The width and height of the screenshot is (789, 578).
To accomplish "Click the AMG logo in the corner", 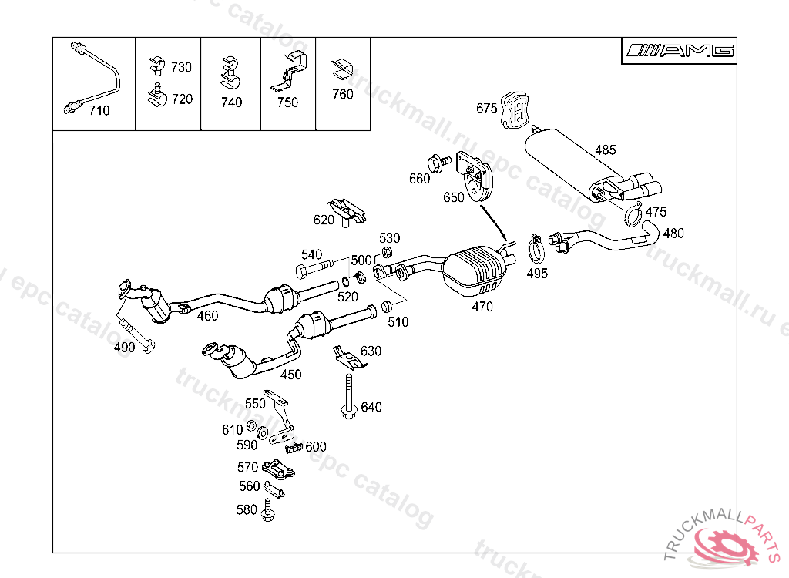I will [x=680, y=51].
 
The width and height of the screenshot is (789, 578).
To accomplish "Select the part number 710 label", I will [x=99, y=111].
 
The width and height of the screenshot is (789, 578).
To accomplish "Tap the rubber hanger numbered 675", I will [x=514, y=110].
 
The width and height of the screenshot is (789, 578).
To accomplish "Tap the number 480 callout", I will [x=673, y=233].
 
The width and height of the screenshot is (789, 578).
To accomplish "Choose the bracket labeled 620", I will [x=347, y=211].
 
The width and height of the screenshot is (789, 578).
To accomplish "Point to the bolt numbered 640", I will [x=348, y=397].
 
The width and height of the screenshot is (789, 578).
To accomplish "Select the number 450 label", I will [x=290, y=375].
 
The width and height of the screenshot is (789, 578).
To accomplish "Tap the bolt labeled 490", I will [x=139, y=334].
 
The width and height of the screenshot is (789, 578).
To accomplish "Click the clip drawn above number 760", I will [x=341, y=69].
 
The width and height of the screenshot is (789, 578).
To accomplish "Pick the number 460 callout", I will [x=207, y=315].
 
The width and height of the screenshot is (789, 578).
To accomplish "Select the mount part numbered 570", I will [x=278, y=469].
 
